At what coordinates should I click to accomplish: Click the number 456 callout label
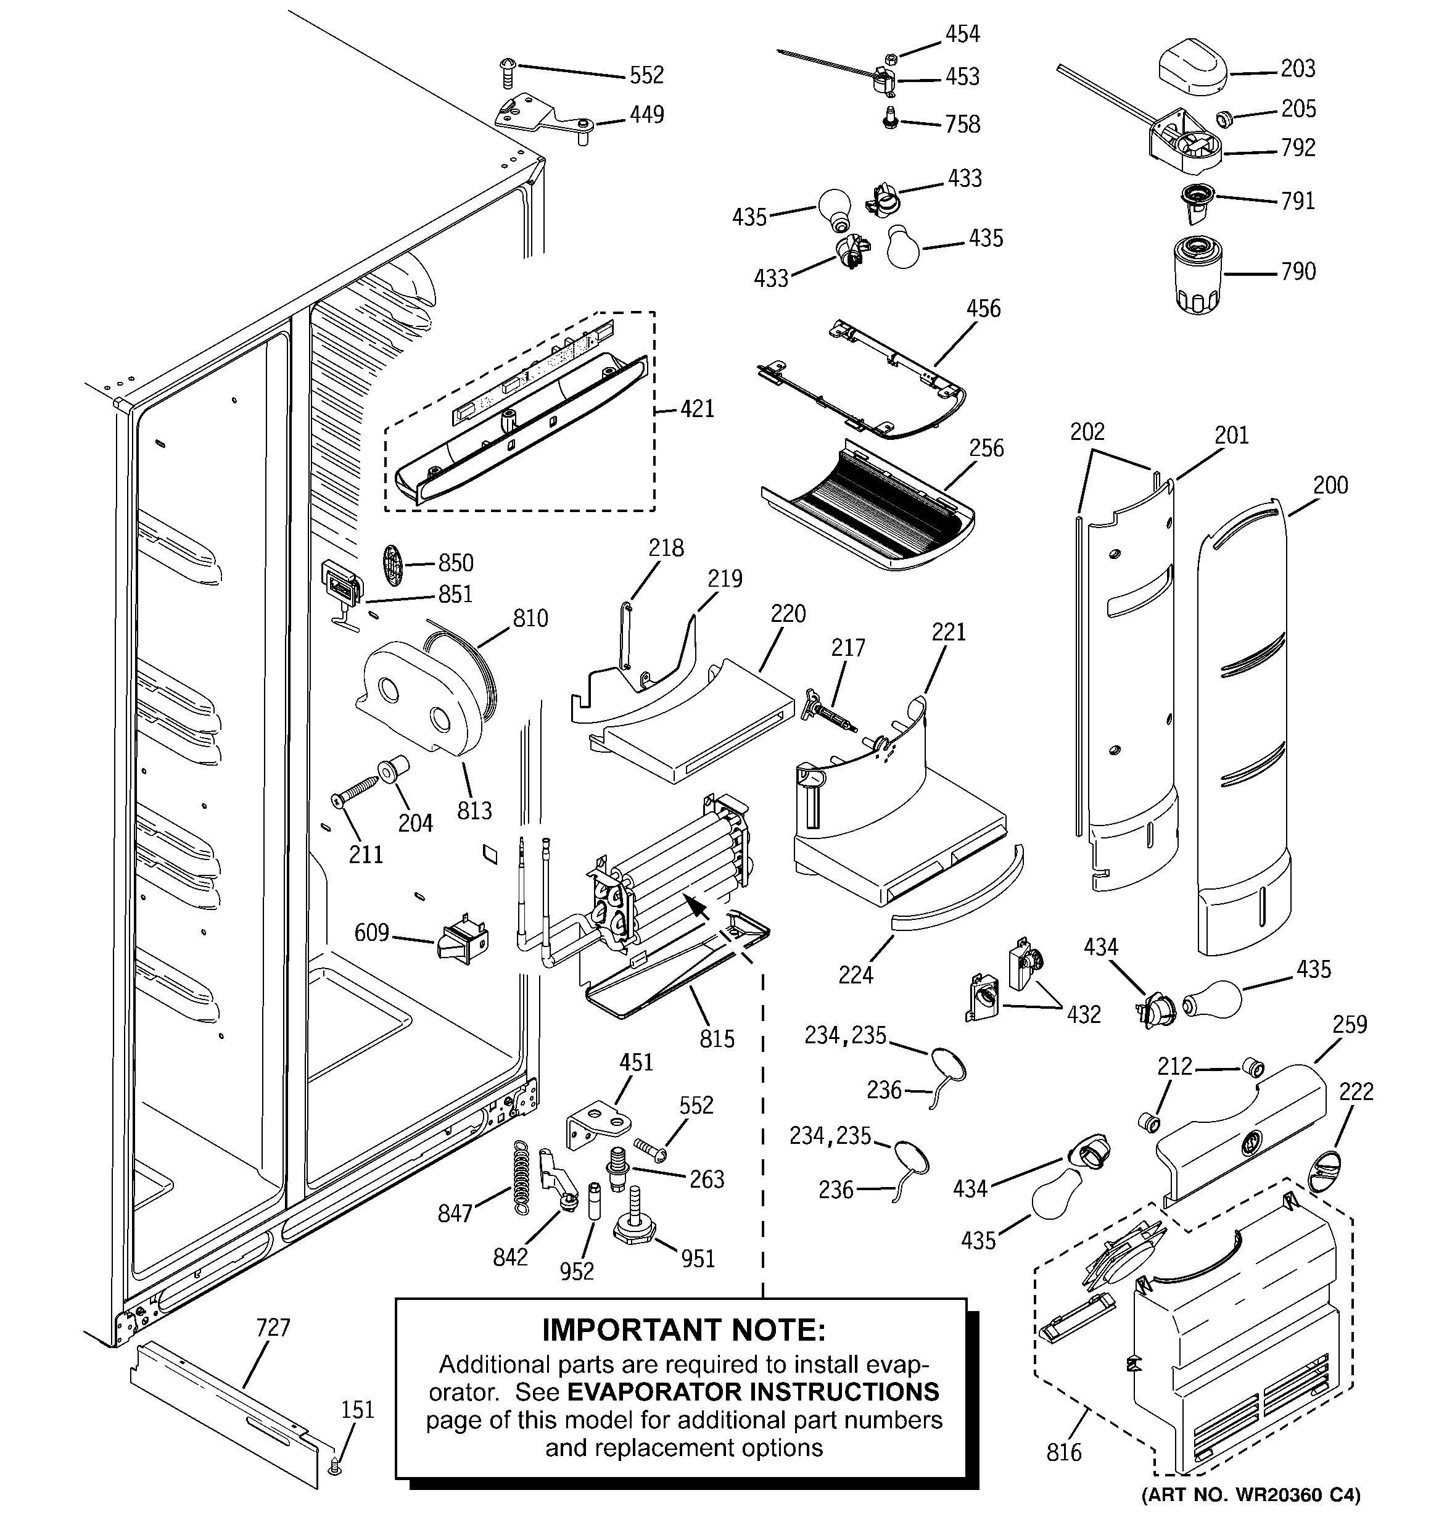pos(983,308)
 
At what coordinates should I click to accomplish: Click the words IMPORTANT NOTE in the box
pos(683,1330)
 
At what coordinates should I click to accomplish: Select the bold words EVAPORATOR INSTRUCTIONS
pos(753,1392)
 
